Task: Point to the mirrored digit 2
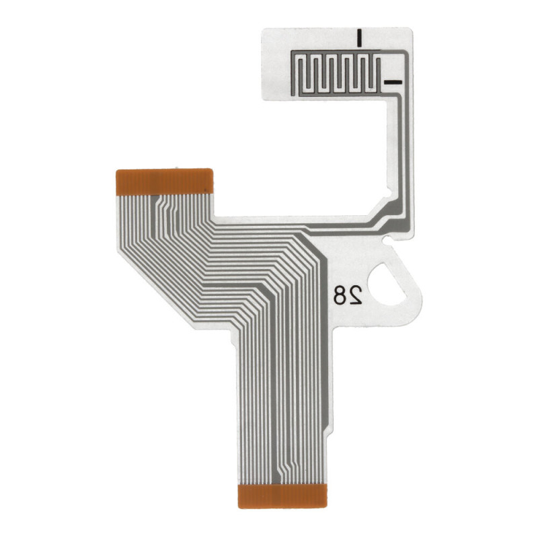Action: point(355,294)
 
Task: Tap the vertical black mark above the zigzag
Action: point(361,39)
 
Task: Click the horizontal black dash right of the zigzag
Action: point(392,82)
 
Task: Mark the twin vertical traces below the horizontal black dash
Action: point(401,148)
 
